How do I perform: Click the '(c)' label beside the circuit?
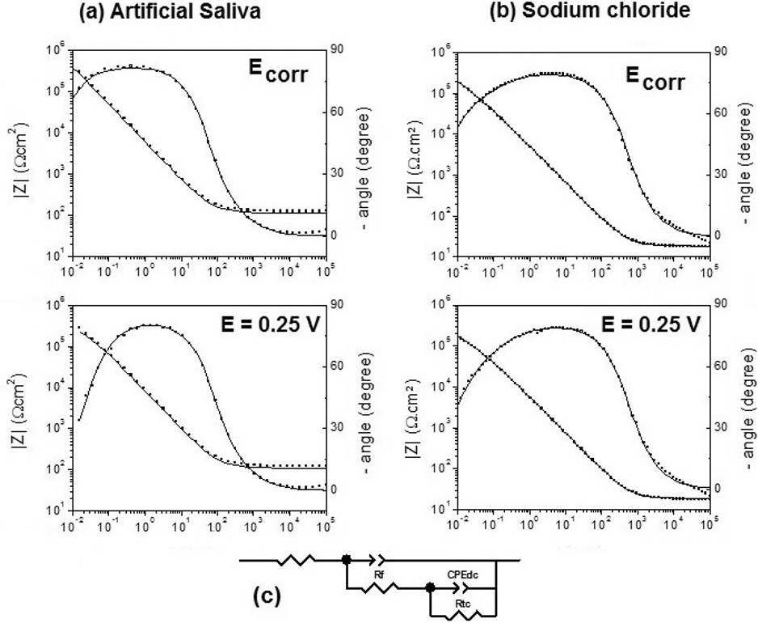[x=267, y=597]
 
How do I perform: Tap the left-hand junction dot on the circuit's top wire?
[x=347, y=559]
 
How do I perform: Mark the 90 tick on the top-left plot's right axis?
[x=339, y=50]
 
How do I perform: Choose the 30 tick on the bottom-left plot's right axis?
[x=339, y=428]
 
